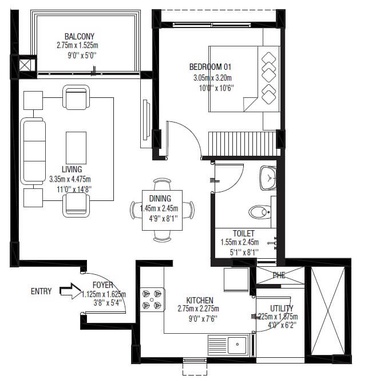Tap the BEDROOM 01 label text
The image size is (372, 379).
(211, 67)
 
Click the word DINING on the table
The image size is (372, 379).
(160, 199)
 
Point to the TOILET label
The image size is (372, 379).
(243, 234)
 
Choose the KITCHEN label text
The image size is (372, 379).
(200, 300)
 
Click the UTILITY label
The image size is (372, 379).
(282, 308)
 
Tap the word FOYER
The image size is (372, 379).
(103, 285)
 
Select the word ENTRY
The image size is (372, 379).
(41, 291)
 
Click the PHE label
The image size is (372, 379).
(279, 275)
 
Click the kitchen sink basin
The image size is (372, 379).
(236, 345)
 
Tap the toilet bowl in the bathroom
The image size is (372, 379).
(259, 212)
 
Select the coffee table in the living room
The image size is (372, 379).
(76, 148)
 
